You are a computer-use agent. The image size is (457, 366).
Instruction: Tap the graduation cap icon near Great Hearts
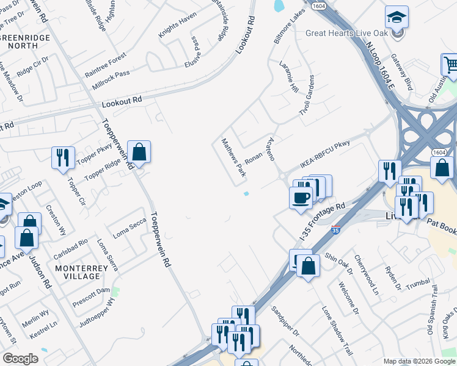click(397, 18)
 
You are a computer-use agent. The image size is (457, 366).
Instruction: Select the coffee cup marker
click(301, 198)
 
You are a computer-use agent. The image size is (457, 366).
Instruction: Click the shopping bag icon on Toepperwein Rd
click(139, 152)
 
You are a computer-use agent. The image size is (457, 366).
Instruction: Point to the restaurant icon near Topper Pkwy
click(63, 158)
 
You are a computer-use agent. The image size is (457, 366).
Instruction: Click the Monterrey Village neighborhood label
click(78, 272)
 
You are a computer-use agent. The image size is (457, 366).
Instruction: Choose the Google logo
click(20, 359)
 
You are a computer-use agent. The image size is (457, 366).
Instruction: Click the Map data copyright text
click(419, 361)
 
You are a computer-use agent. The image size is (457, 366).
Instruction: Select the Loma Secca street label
click(130, 228)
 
